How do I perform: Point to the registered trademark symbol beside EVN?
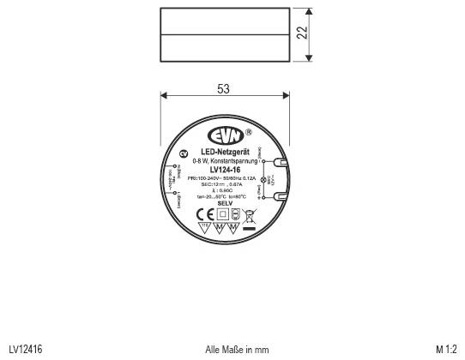[x=248, y=133]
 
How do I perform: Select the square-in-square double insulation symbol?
[x=223, y=214]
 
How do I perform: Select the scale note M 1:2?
[x=445, y=349]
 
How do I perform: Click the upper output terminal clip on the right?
[x=280, y=160]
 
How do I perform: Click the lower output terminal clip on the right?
[x=280, y=197]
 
